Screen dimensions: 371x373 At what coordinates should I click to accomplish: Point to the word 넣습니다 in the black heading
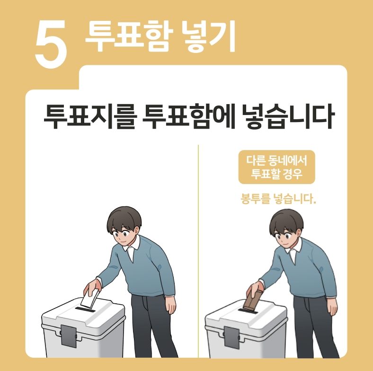pyautogui.click(x=288, y=117)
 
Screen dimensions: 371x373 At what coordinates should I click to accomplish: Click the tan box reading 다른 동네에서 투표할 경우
pyautogui.click(x=277, y=167)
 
